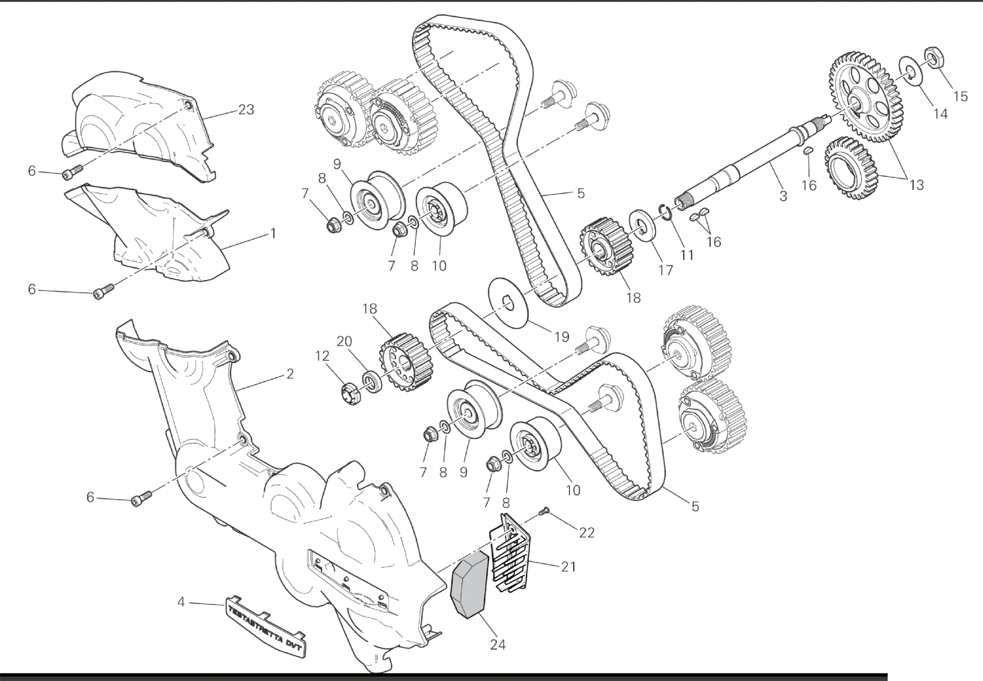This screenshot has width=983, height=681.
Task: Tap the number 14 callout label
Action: pos(940,113)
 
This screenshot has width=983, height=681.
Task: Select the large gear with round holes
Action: pos(866,97)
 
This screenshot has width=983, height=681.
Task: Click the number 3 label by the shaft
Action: pos(783,196)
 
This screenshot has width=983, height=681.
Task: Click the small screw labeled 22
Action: pos(544,511)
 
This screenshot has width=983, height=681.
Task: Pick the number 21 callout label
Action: pos(568,567)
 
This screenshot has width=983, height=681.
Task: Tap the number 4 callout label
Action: pos(181,602)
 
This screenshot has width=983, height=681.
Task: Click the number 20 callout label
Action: pos(344,342)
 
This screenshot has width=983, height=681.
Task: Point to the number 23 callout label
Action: pos(246,110)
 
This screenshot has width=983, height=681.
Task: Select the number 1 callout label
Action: pos(273,233)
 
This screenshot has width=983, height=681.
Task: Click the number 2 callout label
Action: pos(290,374)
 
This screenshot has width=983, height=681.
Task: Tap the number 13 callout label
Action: pos(916,185)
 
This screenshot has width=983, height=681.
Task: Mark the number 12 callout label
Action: pos(323,356)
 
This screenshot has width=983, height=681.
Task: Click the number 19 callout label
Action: pos(562,337)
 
